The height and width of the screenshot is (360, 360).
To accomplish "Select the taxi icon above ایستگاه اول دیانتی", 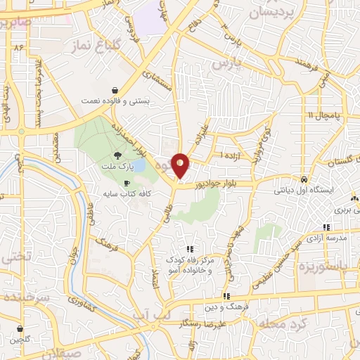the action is pos(303,179).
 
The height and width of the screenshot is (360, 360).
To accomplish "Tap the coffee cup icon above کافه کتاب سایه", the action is pos(127,184).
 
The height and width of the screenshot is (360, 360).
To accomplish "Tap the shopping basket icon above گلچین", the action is pos(19,328).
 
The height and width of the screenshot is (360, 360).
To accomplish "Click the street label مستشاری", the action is pos(175,83).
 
